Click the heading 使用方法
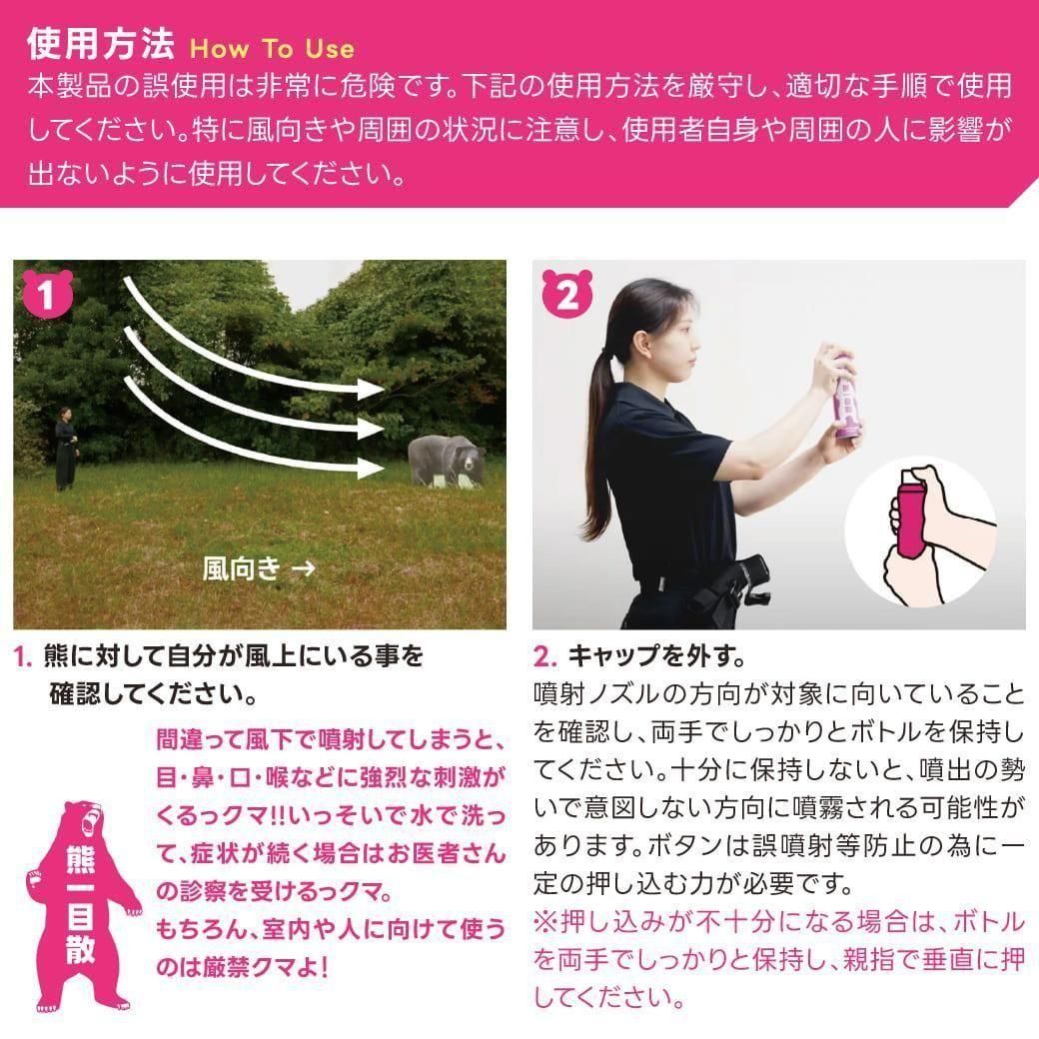pos(100,44)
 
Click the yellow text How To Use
pos(273,48)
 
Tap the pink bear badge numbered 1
pos(47,294)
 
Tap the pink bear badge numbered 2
pos(567,294)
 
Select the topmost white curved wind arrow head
pos(371,389)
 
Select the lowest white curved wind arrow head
pos(371,468)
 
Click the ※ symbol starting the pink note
pos(546,922)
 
